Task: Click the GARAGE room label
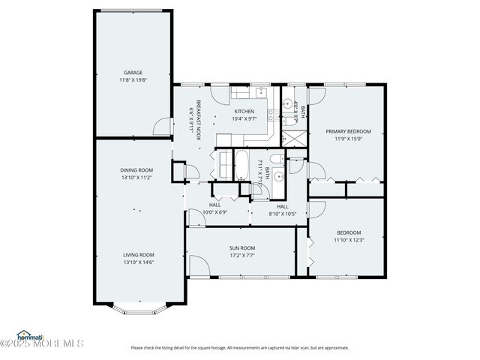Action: point(133,73)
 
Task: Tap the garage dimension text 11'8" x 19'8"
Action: point(133,80)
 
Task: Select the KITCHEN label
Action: point(243,111)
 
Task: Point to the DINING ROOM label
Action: point(136,170)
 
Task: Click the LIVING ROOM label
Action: point(139,254)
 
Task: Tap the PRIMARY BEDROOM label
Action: point(347,131)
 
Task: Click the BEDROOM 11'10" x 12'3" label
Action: point(348,232)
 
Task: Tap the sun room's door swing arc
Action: point(196,265)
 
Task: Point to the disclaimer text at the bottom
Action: point(239,347)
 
